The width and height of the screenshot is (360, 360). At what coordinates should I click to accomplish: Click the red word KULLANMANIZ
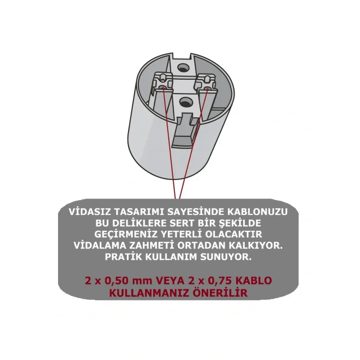[x=152, y=293]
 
